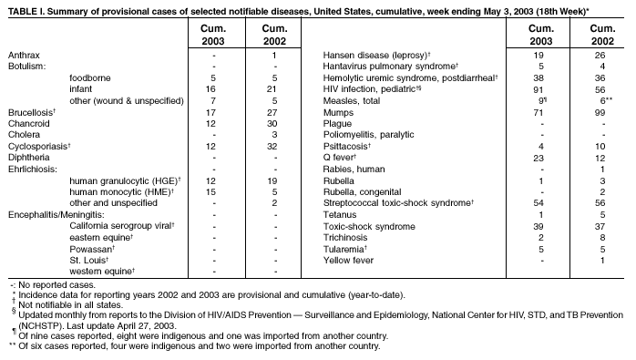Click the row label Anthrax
click(x=24, y=56)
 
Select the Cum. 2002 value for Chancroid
click(x=273, y=123)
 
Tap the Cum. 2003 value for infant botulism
click(x=210, y=89)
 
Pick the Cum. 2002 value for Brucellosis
click(x=273, y=112)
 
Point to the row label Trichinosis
click(x=347, y=236)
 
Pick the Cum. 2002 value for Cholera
click(x=273, y=135)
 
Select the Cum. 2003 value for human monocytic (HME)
click(x=210, y=190)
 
